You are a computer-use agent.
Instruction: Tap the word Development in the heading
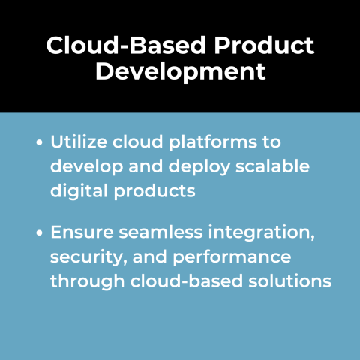pyautogui.click(x=180, y=71)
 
